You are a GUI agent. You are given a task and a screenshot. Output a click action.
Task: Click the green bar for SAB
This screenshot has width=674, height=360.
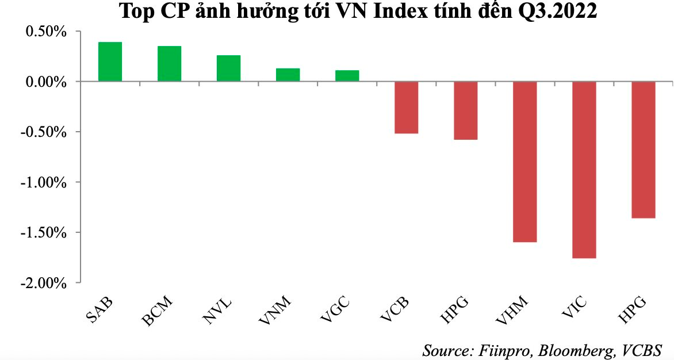coord(110,62)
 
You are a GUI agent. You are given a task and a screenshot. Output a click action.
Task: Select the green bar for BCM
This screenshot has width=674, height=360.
coord(169,64)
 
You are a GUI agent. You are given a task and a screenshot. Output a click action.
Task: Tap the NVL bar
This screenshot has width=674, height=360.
coord(228,68)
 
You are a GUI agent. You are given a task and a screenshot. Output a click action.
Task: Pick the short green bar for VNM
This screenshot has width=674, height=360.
coord(288,75)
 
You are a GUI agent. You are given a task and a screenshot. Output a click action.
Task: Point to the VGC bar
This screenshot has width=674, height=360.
coord(347,76)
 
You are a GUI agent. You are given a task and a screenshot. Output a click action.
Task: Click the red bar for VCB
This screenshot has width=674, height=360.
coord(406,108)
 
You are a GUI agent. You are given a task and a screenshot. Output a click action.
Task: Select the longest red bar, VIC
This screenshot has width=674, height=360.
coord(584,170)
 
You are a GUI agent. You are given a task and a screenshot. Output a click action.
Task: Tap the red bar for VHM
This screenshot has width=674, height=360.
coord(524,162)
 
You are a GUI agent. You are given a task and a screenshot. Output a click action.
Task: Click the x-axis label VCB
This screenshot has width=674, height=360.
coord(397,311)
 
